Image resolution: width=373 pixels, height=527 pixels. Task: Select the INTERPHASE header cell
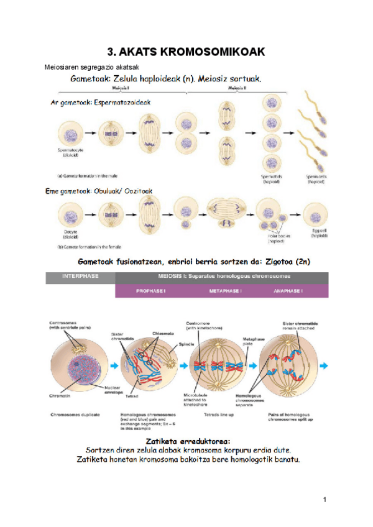tap(80, 278)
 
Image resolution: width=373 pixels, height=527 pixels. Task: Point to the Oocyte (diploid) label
tap(70, 234)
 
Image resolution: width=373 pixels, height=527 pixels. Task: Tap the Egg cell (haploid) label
tap(319, 233)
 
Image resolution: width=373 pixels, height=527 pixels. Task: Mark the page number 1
tap(325, 499)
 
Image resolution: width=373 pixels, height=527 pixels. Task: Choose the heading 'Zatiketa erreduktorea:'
tap(186, 440)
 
